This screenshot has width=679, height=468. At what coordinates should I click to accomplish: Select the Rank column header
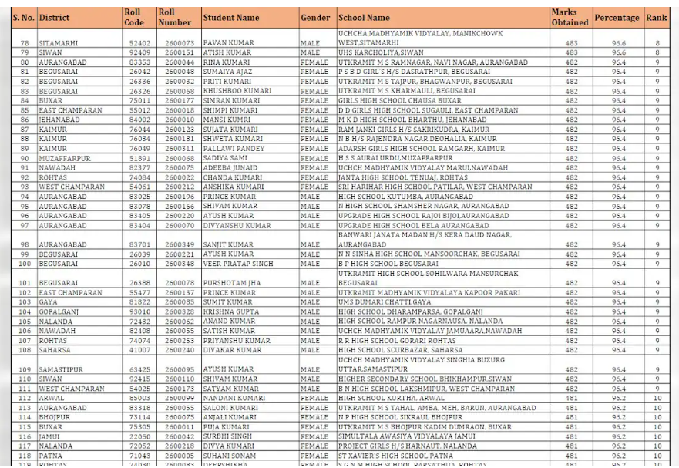[x=657, y=18]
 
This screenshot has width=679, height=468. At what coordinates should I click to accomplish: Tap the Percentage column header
[x=617, y=18]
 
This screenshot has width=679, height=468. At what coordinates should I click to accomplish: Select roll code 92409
[x=139, y=52]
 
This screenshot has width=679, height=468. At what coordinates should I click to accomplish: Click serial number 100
[x=24, y=264]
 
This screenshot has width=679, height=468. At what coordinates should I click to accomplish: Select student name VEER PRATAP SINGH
[x=237, y=264]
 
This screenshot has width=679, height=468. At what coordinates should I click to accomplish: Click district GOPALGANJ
[x=60, y=311]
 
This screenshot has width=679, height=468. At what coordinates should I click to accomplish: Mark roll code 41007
[x=139, y=349]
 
